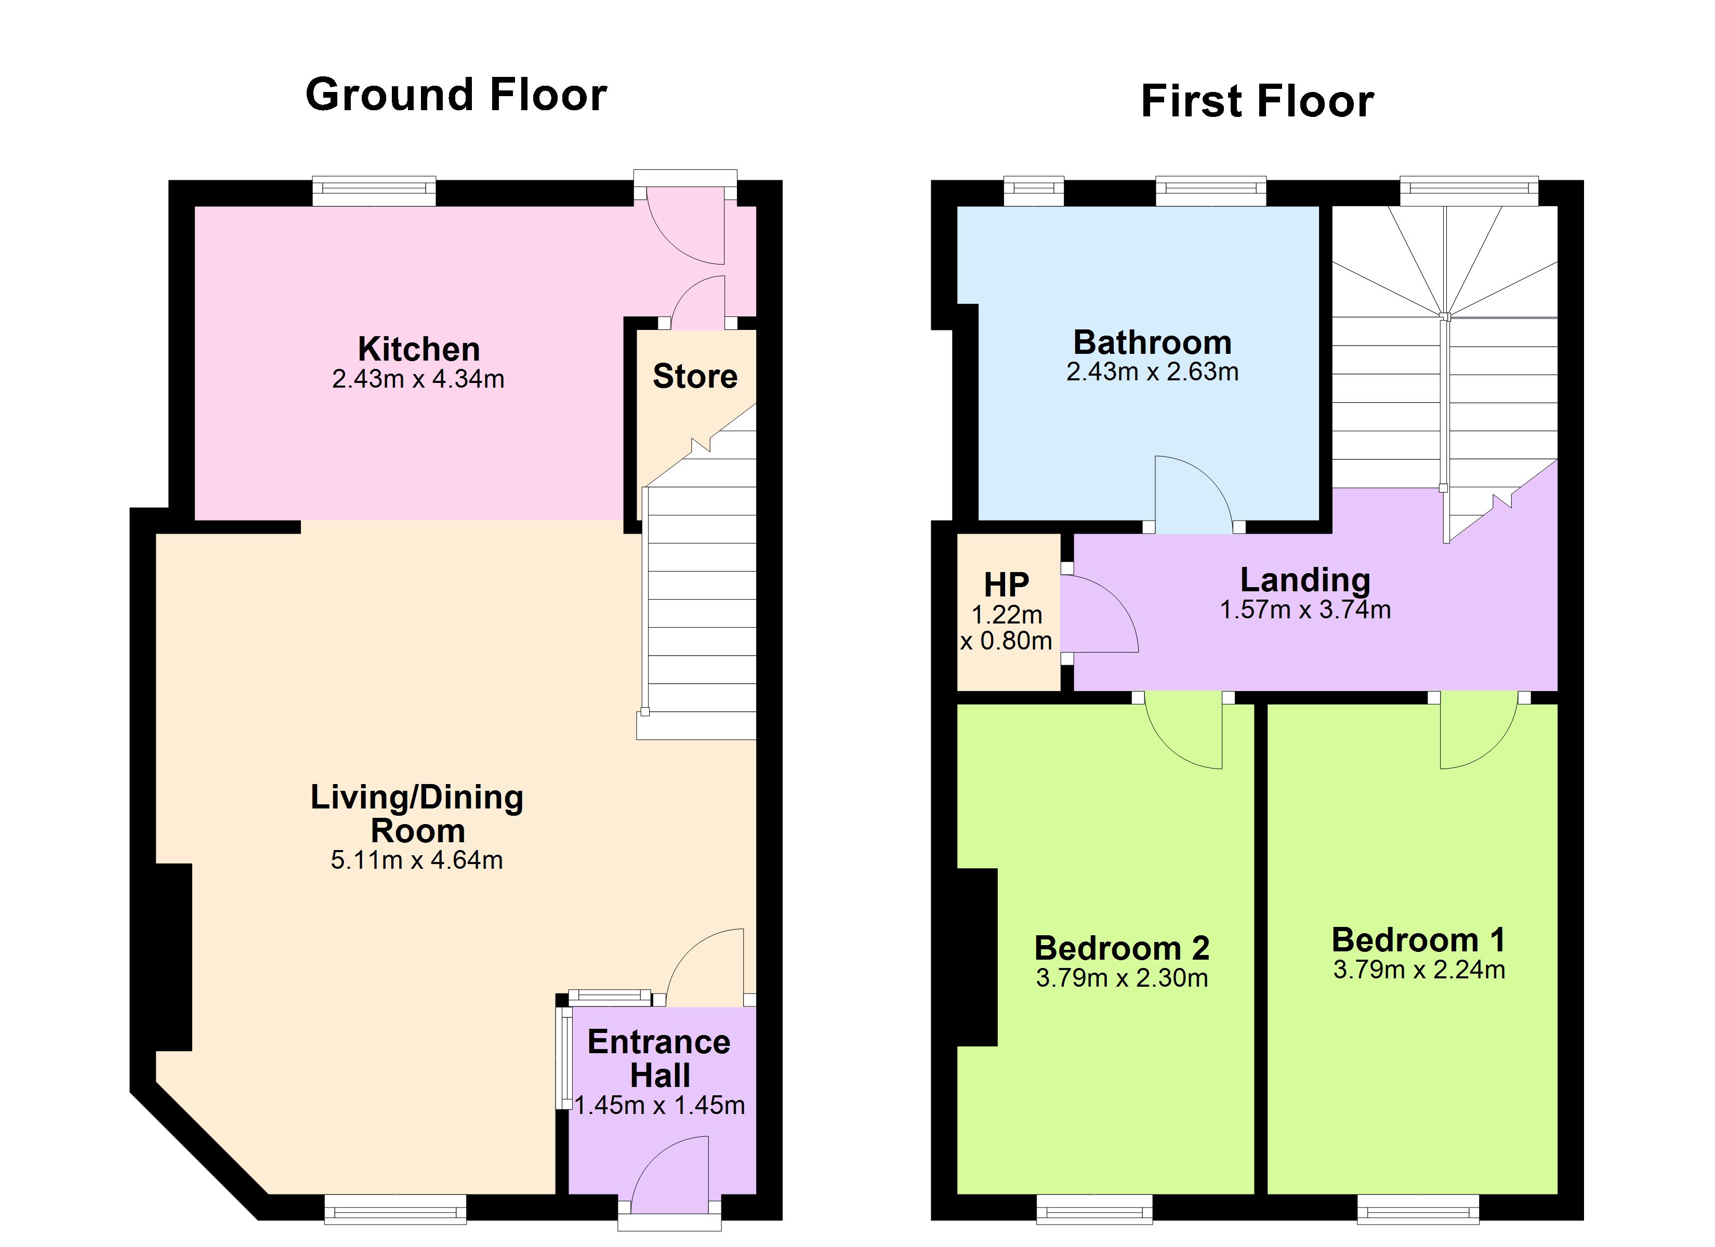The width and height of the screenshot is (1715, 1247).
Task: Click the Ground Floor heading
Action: [x=455, y=95]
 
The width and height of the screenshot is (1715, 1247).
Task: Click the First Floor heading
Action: [x=1257, y=101]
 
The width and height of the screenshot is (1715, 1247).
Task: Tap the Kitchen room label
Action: [x=419, y=349]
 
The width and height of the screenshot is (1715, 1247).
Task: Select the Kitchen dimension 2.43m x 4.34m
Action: [x=418, y=379]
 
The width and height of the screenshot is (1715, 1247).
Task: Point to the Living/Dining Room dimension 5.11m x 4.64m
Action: [x=417, y=860]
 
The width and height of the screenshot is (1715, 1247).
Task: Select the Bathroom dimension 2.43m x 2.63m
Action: [x=1152, y=372]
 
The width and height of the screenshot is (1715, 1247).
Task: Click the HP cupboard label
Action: [x=1007, y=585]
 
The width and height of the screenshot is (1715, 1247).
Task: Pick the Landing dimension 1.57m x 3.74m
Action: [x=1305, y=609]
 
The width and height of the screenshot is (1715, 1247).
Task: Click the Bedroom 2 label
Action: [x=1122, y=948]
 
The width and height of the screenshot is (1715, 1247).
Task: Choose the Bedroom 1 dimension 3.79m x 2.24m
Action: [x=1419, y=970]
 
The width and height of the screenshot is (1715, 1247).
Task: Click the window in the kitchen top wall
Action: [x=374, y=191]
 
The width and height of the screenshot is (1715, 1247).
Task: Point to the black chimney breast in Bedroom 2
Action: [x=977, y=957]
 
